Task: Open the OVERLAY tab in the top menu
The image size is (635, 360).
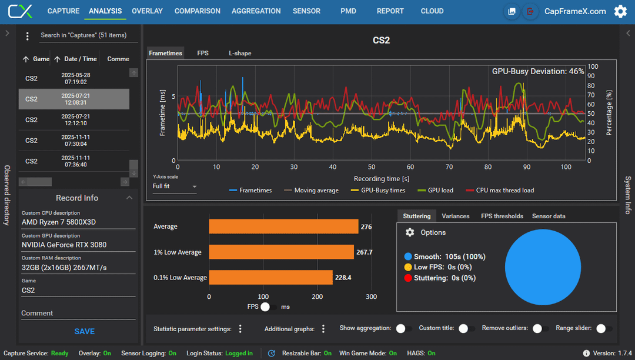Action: coord(147,11)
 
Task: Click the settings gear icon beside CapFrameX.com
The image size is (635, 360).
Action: coord(620,11)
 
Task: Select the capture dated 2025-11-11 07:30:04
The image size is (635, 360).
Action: coord(74,141)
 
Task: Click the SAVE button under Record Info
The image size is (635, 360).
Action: coord(84,331)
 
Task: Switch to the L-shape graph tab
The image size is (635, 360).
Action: coord(240,53)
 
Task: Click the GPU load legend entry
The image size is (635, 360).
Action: coord(435,190)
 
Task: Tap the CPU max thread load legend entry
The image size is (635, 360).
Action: coord(500,190)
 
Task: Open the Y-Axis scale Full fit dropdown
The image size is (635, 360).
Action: coord(175,186)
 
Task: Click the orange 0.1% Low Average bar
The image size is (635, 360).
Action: coord(271,278)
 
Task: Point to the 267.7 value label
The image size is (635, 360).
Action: coord(364,252)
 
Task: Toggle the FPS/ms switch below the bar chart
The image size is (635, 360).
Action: coord(268,307)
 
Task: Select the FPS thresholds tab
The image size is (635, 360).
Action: coord(502,216)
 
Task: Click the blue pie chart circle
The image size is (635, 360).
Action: coord(543,267)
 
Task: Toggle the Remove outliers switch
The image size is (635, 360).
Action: coord(540,328)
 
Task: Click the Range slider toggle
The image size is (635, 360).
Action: coord(604,328)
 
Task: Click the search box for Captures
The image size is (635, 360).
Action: coord(89,35)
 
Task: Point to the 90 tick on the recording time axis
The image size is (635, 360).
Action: coord(526,167)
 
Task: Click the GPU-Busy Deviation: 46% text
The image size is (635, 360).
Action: coord(538,71)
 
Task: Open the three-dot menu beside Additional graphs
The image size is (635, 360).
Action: coord(323,329)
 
